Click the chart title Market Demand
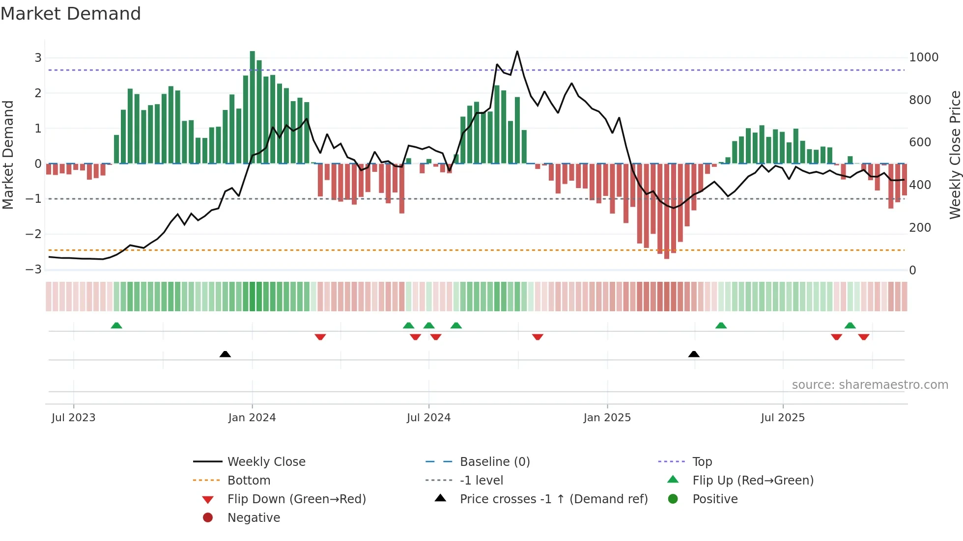click(71, 14)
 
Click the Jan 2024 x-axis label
click(252, 418)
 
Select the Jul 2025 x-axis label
click(783, 418)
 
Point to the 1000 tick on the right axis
click(924, 57)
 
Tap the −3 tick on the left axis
click(33, 270)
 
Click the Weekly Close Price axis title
click(955, 155)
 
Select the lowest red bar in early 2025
click(667, 211)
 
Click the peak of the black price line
click(517, 52)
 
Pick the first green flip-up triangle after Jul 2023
click(116, 325)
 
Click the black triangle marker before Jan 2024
click(225, 354)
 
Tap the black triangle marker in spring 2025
click(694, 354)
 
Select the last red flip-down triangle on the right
click(864, 337)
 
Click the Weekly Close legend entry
click(266, 462)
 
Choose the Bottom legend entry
click(249, 481)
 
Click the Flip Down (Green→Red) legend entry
click(296, 499)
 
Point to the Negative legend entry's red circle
click(208, 517)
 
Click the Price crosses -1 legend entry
click(553, 499)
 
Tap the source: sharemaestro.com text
click(870, 385)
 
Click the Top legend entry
click(702, 462)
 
